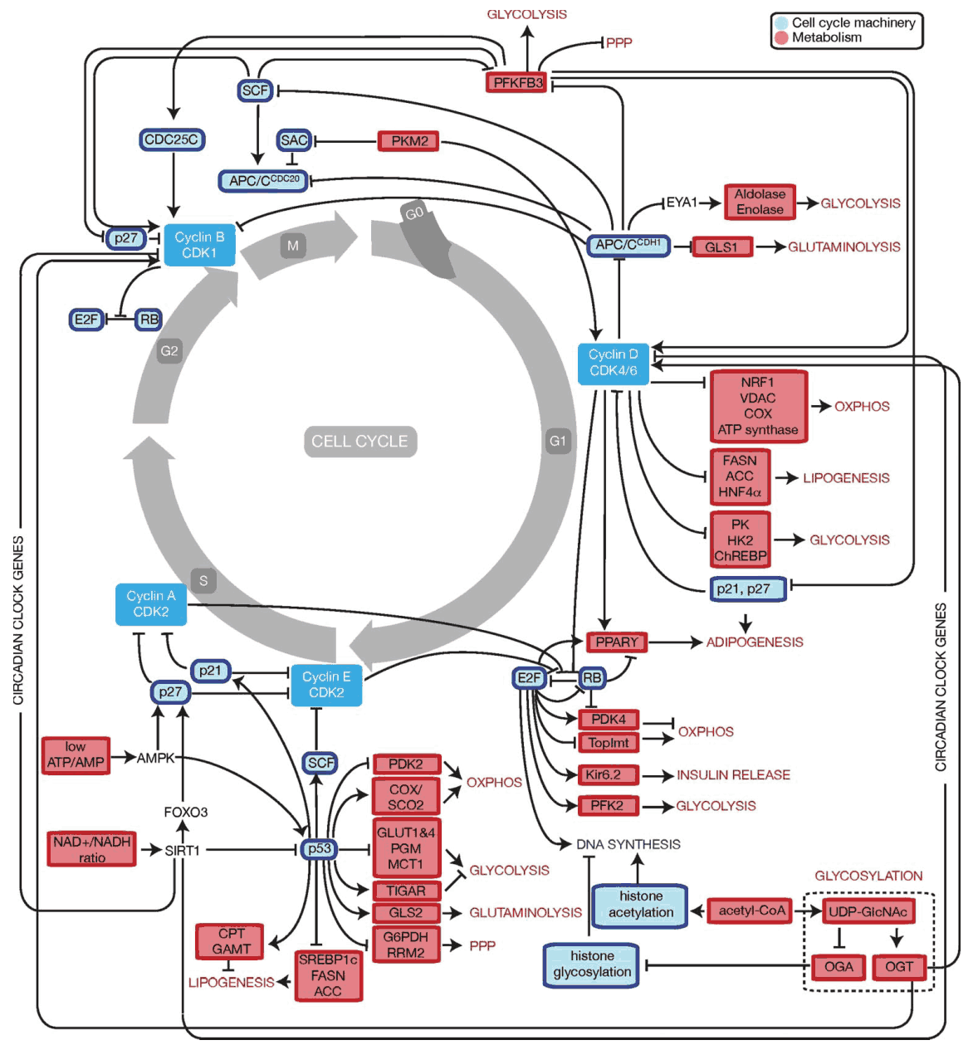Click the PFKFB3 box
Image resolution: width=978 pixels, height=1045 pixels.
pos(516,82)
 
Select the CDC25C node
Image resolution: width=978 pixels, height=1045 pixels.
pos(171,139)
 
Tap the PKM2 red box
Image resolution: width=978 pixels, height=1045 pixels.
pos(408,141)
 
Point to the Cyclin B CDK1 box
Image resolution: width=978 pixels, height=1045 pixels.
pos(199,245)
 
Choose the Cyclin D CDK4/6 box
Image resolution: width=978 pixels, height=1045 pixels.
pos(613,363)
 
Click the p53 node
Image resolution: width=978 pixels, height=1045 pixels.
pos(320,848)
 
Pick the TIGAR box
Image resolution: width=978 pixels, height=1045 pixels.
pos(406,891)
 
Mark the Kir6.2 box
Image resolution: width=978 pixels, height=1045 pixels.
pos(609,774)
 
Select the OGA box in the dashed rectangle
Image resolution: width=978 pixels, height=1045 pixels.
pos(839,966)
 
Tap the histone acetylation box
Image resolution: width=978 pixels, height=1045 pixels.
pos(640,904)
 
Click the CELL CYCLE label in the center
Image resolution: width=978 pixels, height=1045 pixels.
pos(359,442)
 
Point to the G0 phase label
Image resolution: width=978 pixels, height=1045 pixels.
pos(414,213)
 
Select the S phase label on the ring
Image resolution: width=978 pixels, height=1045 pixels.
pos(203,580)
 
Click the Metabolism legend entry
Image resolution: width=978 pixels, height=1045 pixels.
pos(826,37)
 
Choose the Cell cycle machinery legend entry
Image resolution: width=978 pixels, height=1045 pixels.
pos(853,23)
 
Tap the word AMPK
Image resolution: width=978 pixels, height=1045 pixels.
pos(155,758)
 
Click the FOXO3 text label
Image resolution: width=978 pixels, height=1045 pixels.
pos(185,812)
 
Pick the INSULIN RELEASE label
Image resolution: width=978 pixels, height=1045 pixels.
pos(733,775)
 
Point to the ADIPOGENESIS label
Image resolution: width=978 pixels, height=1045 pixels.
pos(755,642)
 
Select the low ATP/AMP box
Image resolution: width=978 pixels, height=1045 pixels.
pos(76,754)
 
